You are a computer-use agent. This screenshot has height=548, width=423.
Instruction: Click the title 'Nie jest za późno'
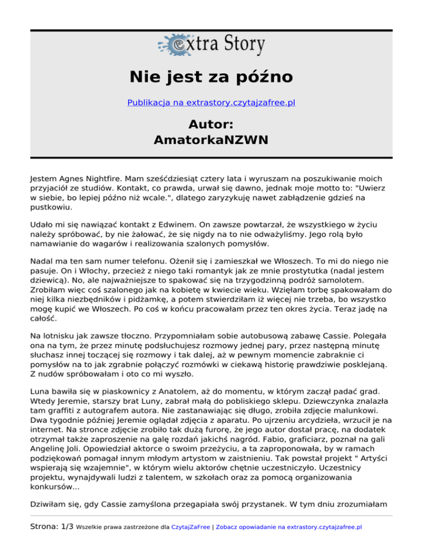click(211, 76)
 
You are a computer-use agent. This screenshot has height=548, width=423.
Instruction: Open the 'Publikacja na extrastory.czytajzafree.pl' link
click(211, 103)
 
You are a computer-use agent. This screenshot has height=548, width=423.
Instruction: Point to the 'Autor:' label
click(211, 123)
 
